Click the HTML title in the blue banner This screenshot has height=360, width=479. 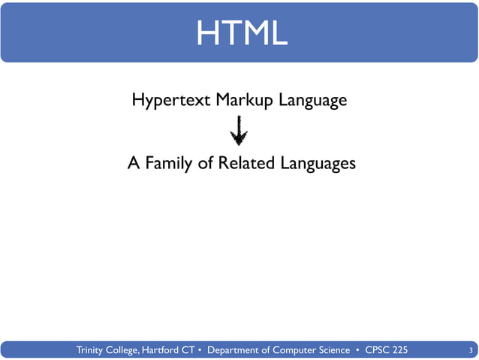coord(239,32)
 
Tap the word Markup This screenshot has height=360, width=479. coord(246,100)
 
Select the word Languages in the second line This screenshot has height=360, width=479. coord(317,164)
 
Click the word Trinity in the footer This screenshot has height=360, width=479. coord(93,350)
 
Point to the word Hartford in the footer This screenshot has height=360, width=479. coord(170,350)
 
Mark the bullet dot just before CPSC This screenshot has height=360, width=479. coord(358,350)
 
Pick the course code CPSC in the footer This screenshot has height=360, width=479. coord(377,350)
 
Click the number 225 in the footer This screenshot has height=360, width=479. coord(401,350)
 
